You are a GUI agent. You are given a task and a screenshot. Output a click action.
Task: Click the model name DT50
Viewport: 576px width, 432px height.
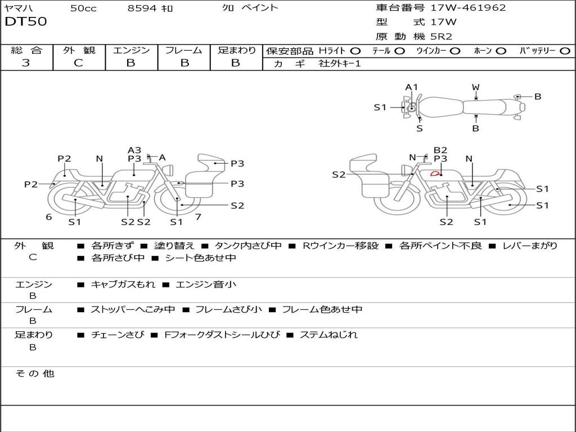click(26, 22)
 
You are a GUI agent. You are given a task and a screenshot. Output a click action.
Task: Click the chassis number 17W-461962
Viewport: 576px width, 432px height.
click(468, 8)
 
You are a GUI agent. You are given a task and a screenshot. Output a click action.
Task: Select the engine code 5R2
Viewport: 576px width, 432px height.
click(441, 37)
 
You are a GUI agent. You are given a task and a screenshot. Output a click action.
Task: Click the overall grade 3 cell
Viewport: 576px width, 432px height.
click(26, 63)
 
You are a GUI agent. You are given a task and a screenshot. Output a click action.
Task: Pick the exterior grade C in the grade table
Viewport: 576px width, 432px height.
click(78, 63)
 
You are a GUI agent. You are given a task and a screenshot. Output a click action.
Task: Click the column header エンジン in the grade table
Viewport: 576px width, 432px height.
click(131, 51)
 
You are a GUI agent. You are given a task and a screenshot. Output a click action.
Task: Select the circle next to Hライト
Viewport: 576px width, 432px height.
click(355, 51)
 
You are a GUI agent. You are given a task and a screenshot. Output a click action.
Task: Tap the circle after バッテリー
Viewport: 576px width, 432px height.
click(565, 51)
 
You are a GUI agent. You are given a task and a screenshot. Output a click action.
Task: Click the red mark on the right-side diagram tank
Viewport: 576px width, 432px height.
click(435, 173)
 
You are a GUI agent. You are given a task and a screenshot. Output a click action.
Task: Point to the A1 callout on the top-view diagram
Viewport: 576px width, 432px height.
click(412, 87)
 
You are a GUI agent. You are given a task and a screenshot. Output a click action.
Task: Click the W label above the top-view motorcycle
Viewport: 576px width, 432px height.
click(475, 87)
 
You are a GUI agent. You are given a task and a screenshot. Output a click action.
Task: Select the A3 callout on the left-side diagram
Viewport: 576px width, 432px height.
click(134, 150)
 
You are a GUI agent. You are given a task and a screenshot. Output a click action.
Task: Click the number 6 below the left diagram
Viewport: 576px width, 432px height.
click(49, 217)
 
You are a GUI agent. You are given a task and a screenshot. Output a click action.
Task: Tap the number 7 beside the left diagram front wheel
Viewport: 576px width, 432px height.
click(198, 217)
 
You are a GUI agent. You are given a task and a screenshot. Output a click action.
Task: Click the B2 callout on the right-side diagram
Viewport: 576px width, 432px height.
click(440, 150)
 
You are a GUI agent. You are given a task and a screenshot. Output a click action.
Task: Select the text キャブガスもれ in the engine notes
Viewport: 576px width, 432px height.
click(123, 284)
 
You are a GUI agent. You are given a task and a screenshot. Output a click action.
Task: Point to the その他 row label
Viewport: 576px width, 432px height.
click(34, 373)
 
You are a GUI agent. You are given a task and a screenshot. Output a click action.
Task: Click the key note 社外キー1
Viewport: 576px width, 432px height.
click(340, 64)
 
